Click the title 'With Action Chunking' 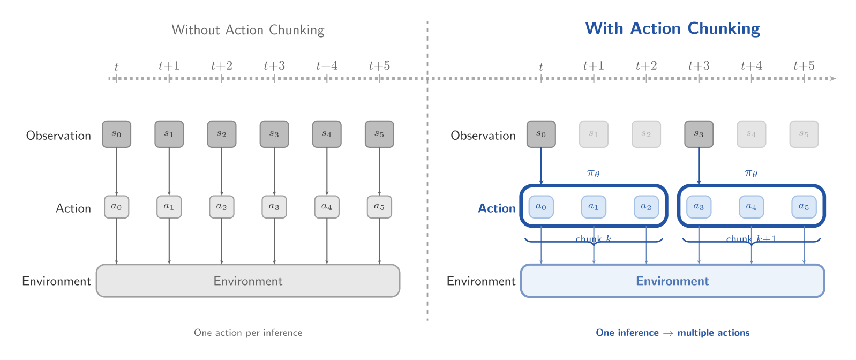pyautogui.click(x=672, y=28)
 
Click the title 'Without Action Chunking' pyautogui.click(x=247, y=30)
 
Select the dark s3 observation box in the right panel pyautogui.click(x=699, y=134)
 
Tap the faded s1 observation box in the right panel pyautogui.click(x=594, y=134)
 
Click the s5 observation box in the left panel pyautogui.click(x=379, y=134)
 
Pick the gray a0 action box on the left pyautogui.click(x=116, y=207)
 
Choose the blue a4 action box pyautogui.click(x=751, y=207)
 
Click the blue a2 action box pyautogui.click(x=646, y=207)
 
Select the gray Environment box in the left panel pyautogui.click(x=247, y=281)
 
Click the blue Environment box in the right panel pyautogui.click(x=672, y=281)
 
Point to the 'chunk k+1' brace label pyautogui.click(x=751, y=239)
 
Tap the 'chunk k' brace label pyautogui.click(x=594, y=239)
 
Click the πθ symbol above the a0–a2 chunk pyautogui.click(x=594, y=172)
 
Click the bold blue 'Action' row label pyautogui.click(x=497, y=208)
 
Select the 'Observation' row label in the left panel pyautogui.click(x=58, y=136)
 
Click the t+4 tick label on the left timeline pyautogui.click(x=327, y=66)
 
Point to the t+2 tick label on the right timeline pyautogui.click(x=646, y=66)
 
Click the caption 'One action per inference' pyautogui.click(x=247, y=333)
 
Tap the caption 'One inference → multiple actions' pyautogui.click(x=672, y=333)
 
